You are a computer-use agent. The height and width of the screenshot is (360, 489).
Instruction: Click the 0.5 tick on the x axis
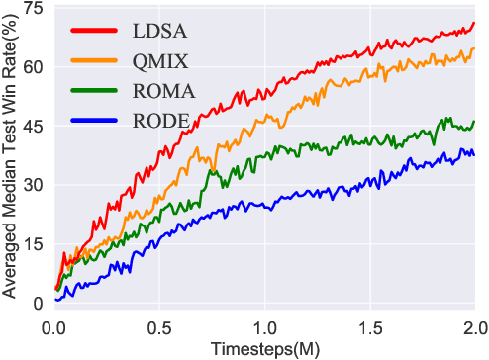(x=159, y=324)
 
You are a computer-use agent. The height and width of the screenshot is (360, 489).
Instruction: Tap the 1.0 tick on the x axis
(x=264, y=324)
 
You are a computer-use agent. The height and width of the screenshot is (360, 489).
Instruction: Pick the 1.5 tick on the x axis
(x=369, y=324)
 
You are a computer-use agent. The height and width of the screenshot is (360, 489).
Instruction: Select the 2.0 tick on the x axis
(x=473, y=324)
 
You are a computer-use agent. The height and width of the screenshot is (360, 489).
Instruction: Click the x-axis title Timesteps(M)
(x=263, y=348)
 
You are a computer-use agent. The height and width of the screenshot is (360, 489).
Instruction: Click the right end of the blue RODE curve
(x=474, y=154)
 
